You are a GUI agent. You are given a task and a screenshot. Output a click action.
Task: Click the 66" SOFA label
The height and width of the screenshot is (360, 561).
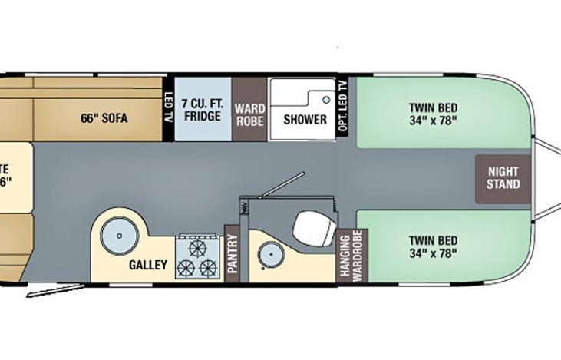tap(104, 119)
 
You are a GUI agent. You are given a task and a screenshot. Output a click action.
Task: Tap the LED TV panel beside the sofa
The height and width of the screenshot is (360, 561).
tap(169, 109)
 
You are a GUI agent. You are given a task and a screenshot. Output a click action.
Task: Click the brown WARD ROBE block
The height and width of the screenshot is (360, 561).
tap(249, 109)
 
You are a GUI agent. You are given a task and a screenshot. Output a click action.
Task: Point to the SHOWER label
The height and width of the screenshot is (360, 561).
tap(305, 120)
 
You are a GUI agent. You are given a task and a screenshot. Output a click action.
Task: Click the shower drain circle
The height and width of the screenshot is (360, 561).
tap(325, 100)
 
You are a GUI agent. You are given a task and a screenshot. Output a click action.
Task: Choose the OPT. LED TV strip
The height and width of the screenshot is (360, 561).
tap(342, 109)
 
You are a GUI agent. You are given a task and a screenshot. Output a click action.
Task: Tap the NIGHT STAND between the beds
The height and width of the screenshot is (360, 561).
tap(503, 178)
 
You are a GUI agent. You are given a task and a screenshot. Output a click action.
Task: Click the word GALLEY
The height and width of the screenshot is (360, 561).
tap(148, 265)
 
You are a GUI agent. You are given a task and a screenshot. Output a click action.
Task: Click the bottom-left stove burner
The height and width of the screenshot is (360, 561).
tap(186, 268)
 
